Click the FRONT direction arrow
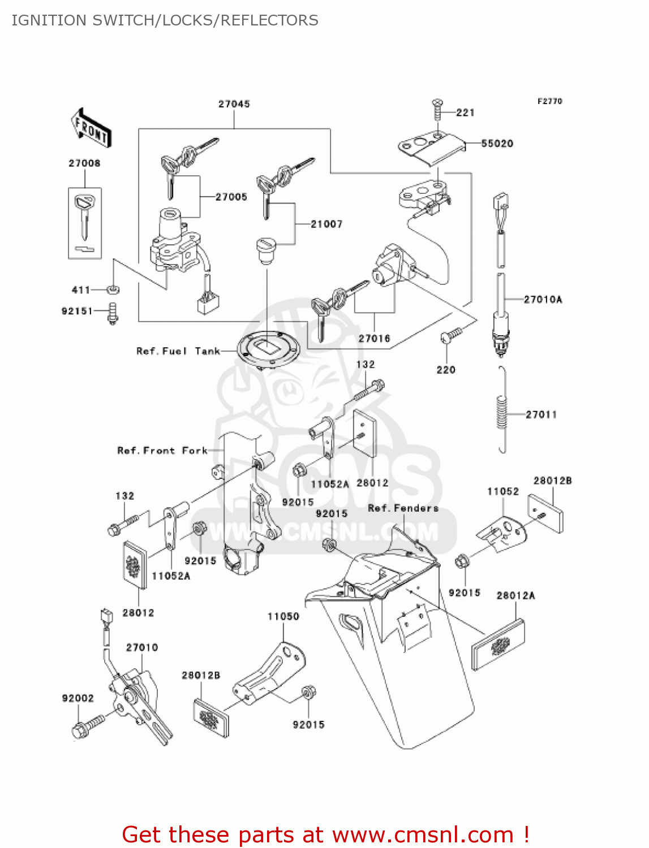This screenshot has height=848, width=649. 91,128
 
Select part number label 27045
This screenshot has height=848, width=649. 234,103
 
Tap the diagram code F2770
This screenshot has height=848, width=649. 549,101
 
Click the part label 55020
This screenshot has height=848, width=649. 497,144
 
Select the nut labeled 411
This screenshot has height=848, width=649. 113,290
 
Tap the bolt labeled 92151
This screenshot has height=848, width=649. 113,313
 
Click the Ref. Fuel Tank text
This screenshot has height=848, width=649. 178,351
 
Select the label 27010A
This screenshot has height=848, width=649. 543,300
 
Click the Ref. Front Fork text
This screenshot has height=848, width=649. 162,451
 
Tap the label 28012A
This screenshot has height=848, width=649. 515,595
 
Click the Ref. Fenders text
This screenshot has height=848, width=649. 403,508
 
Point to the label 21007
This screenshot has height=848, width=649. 326,224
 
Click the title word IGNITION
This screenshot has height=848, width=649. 49,20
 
